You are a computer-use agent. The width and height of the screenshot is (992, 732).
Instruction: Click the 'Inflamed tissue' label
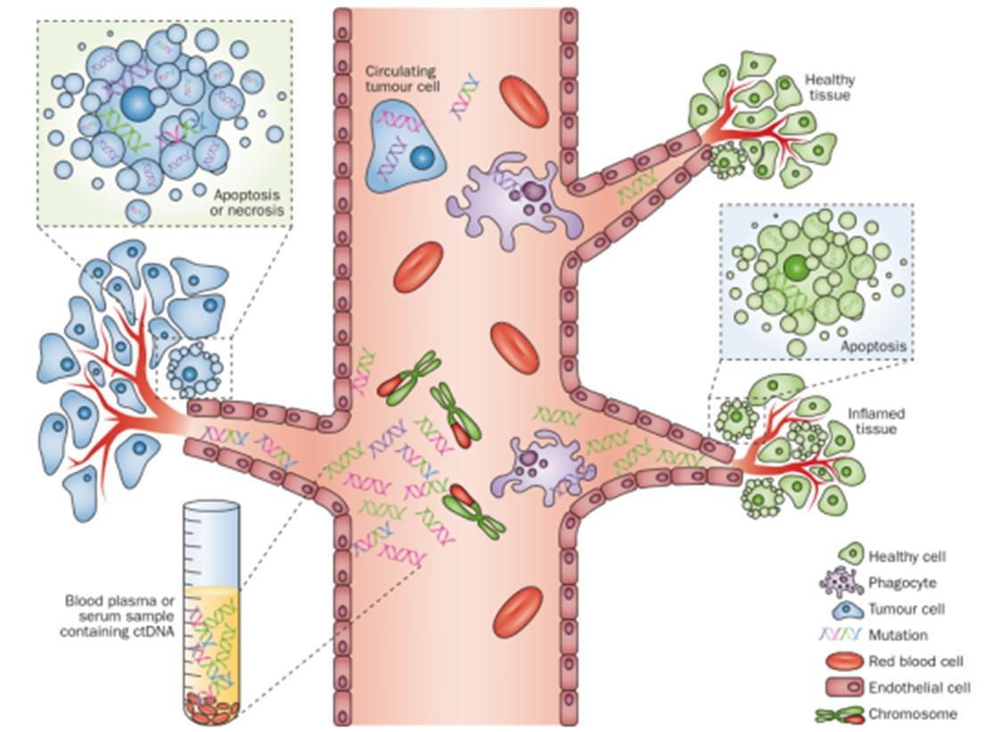(x=875, y=421)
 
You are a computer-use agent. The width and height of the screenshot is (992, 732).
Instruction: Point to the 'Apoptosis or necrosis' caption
(x=247, y=202)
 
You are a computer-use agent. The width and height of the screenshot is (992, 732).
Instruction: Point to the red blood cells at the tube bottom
(x=212, y=710)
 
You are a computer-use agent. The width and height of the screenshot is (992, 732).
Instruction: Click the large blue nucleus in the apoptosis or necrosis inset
(x=137, y=104)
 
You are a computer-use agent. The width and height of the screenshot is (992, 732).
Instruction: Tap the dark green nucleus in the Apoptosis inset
(x=794, y=266)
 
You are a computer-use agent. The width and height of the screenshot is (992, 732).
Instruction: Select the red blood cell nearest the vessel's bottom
(x=518, y=610)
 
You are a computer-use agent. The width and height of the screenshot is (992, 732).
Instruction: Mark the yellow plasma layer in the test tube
(x=212, y=637)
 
